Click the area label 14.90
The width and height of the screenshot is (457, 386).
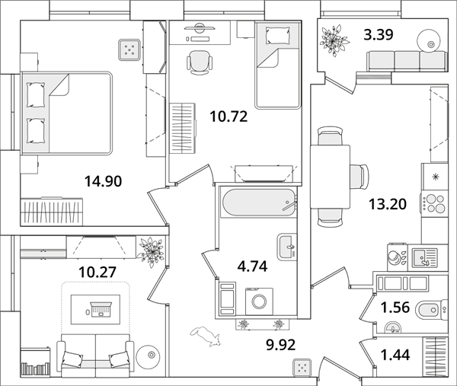pos(103,181)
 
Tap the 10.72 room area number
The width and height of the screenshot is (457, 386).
pos(228,116)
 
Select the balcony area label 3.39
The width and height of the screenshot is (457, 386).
pos(379,35)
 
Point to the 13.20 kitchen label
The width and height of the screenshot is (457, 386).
pos(388,204)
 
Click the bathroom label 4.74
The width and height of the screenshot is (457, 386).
pos(252,266)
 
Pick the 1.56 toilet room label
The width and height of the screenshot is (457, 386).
pos(395,308)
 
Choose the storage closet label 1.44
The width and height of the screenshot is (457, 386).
pos(395,355)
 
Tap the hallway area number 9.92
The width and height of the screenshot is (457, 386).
pos(280,345)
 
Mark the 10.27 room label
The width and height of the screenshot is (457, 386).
pos(97,272)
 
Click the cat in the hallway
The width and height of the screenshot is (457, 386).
pos(206,337)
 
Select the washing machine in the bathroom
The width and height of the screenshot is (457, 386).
pos(259,301)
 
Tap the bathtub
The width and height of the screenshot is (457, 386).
pos(259,203)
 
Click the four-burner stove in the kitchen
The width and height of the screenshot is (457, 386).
pos(434,203)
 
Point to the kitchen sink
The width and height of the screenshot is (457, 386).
pos(425,258)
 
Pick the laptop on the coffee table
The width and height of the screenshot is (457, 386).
pos(101,310)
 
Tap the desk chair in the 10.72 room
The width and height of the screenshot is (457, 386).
pos(200,62)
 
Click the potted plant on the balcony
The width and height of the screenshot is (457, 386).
pos(334,41)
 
